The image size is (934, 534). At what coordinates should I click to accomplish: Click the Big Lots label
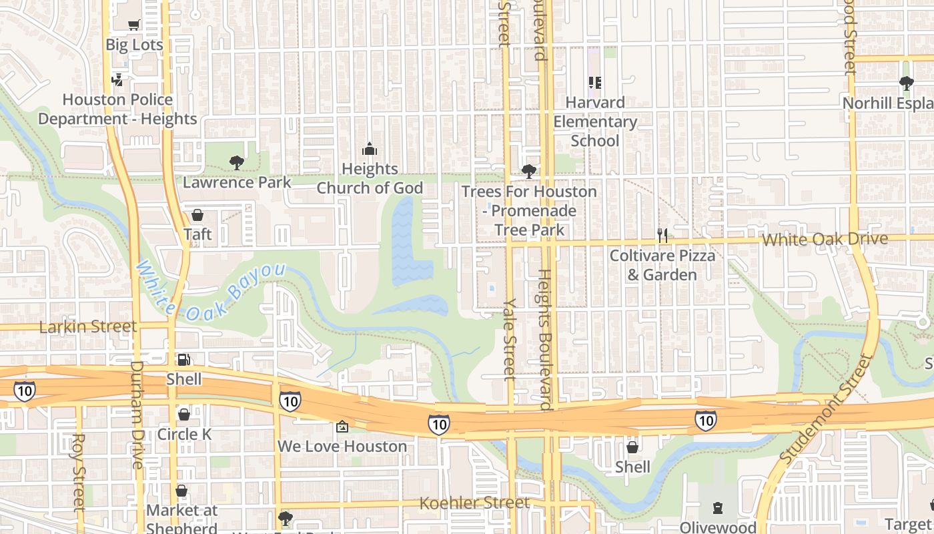[134, 45]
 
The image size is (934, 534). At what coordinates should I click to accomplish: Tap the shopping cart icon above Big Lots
[134, 25]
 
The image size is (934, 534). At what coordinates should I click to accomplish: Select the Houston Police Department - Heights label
[117, 109]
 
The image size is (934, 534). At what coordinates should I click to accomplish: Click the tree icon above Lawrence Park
[236, 162]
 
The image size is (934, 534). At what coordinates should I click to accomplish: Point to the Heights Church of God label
[370, 179]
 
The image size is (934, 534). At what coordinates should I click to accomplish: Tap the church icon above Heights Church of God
[370, 149]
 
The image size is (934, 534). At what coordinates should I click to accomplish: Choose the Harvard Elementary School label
[595, 121]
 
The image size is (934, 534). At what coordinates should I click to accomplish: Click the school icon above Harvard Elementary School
[594, 83]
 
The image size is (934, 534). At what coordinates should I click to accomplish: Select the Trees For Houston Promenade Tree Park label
[529, 211]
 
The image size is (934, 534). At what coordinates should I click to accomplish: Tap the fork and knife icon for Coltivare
[662, 235]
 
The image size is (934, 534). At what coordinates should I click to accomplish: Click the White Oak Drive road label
[825, 239]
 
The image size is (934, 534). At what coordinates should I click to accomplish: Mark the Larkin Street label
[87, 327]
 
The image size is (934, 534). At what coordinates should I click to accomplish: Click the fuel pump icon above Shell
[184, 359]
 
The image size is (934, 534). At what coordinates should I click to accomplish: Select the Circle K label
[184, 435]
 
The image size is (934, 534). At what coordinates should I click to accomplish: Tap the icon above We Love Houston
[342, 427]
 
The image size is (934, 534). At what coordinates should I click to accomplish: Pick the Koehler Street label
[474, 503]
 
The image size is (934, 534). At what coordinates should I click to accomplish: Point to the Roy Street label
[79, 472]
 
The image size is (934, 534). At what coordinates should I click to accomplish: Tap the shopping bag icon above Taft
[197, 215]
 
